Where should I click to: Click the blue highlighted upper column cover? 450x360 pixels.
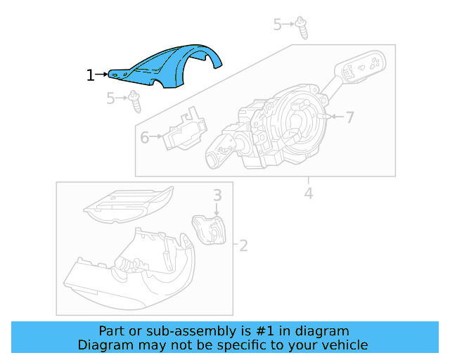[x=176, y=66]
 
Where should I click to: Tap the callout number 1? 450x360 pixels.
[x=90, y=75]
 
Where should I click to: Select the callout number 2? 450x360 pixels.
[x=243, y=245]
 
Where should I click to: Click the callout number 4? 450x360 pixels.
[x=308, y=192]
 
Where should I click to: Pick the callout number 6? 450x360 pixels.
[x=145, y=138]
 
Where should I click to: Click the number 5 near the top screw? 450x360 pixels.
[x=278, y=25]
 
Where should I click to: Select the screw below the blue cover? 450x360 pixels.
[x=134, y=101]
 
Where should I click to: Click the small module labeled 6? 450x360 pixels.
[x=184, y=131]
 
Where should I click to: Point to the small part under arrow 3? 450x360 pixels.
[x=210, y=228]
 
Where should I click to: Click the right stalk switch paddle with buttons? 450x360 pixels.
[x=360, y=66]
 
